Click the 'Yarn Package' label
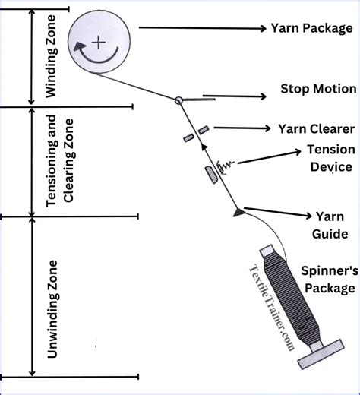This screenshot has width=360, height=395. coord(311,28)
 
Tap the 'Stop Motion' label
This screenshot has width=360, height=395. coord(319,89)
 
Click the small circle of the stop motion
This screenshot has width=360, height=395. coord(178,100)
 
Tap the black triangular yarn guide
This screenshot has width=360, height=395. coord(238,210)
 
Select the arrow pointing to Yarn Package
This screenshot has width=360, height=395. coord(197,28)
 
